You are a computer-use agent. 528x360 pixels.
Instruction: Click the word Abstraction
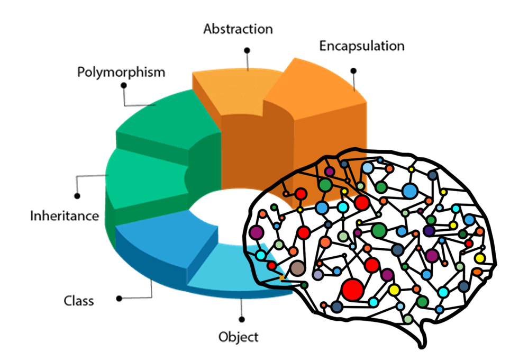[238, 29]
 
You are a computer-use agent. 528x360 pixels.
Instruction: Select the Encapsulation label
[362, 46]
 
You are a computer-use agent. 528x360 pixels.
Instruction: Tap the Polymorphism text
[121, 72]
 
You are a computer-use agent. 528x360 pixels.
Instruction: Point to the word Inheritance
[65, 216]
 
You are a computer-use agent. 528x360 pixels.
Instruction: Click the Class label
[79, 301]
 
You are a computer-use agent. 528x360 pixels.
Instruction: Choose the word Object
[239, 337]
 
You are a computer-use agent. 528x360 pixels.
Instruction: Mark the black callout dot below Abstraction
[247, 50]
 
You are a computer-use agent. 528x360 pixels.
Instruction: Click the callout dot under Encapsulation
[353, 70]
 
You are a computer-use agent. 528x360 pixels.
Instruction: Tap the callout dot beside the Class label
[120, 299]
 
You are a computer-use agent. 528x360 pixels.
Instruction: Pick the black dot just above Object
[242, 319]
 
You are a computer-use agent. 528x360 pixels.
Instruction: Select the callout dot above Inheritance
[77, 195]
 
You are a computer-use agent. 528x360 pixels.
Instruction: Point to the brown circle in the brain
[297, 269]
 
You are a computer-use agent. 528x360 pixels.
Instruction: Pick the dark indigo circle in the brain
[429, 231]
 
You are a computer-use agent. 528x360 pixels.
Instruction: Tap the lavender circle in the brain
[318, 275]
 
